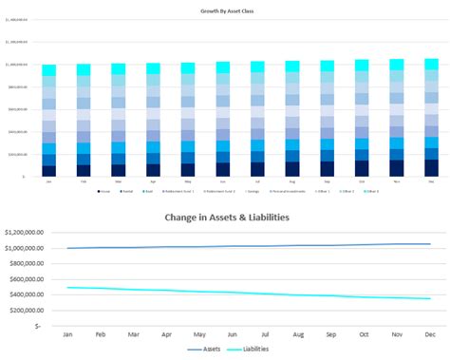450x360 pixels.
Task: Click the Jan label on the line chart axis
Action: [x=67, y=335]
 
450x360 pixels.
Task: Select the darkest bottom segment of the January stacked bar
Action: [x=49, y=171]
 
